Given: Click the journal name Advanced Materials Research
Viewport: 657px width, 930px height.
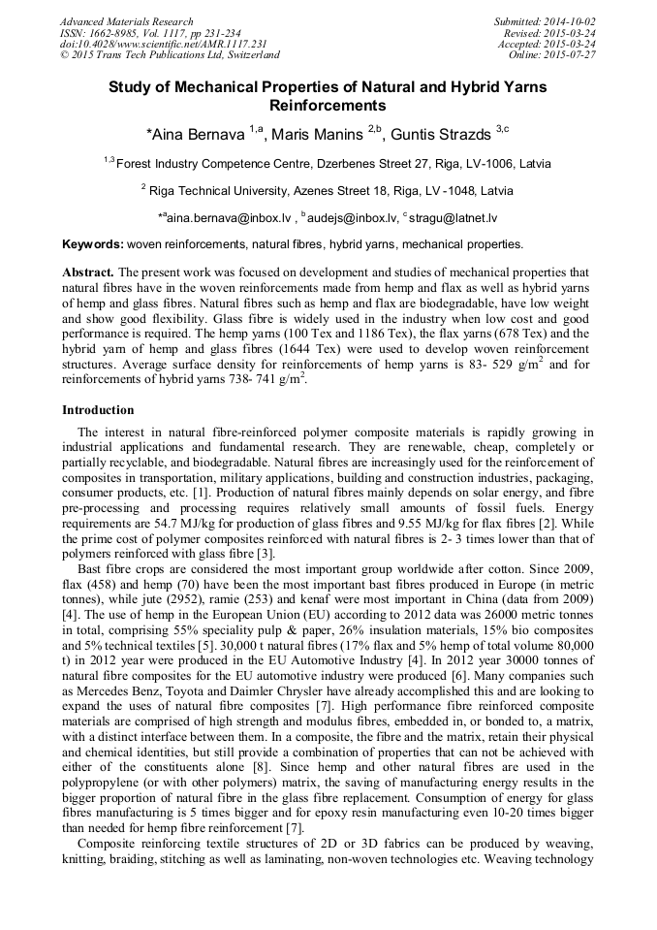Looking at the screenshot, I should (x=126, y=21).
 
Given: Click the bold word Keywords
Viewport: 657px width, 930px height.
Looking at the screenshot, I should (x=92, y=244).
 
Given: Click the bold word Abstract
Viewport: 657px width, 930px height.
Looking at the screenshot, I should (x=88, y=273).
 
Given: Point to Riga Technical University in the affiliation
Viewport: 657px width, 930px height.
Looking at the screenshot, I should (x=213, y=191).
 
